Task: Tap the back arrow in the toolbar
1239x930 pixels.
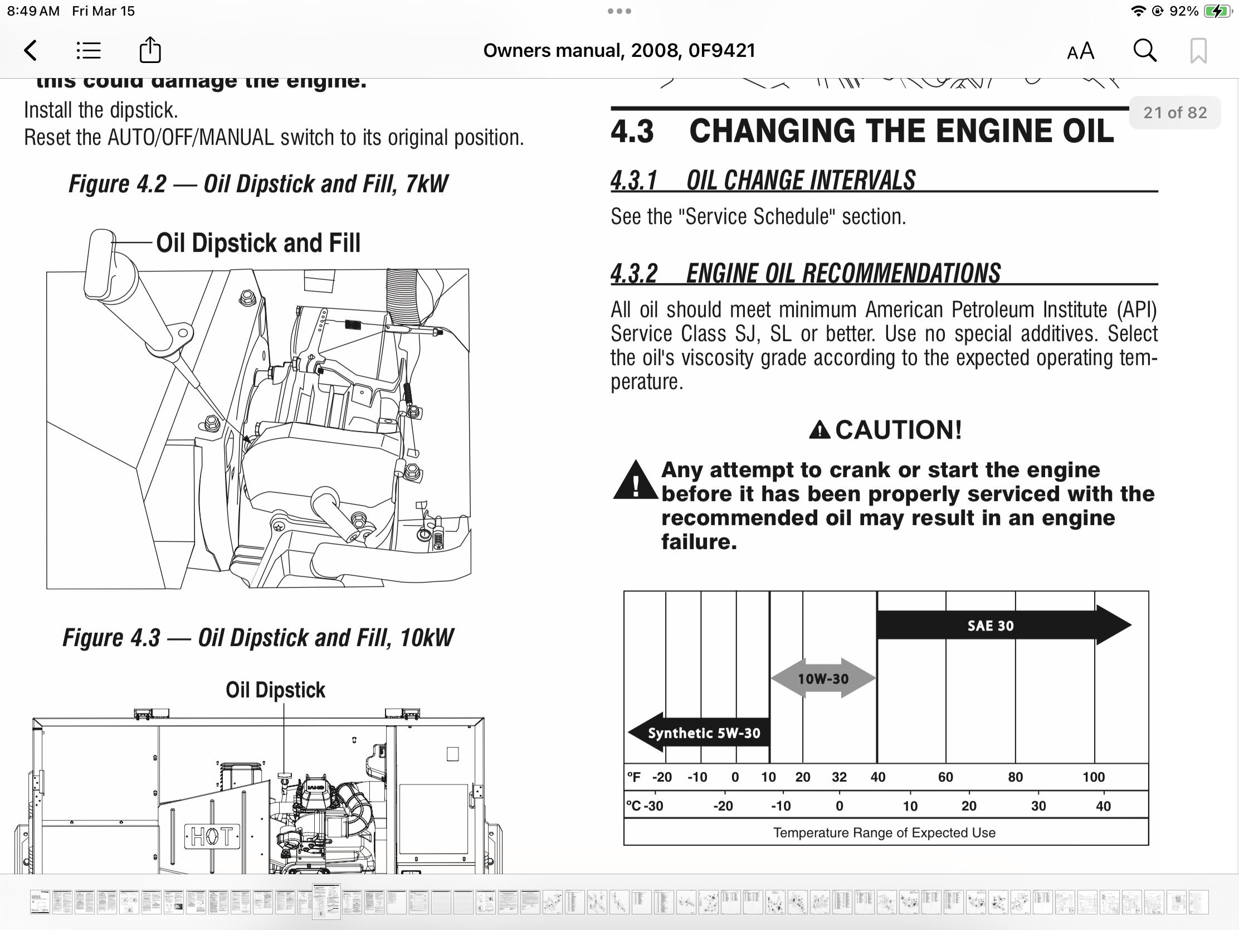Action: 31,50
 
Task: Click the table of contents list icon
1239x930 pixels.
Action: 89,50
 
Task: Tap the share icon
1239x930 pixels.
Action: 150,50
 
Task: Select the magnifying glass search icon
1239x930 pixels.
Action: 1144,50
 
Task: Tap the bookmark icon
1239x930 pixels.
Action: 1198,51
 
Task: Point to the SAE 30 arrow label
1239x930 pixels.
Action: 991,626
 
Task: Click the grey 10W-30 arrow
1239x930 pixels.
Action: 823,679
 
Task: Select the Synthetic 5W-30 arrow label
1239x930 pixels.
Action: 704,733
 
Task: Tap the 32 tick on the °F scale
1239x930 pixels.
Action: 839,778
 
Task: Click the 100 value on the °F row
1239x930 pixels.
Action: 1094,778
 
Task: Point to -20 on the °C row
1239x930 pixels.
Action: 723,806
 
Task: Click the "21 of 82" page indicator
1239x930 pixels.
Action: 1175,113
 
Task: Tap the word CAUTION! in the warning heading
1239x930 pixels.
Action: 899,430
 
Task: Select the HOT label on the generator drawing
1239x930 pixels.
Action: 212,836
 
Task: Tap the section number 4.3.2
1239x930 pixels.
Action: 634,274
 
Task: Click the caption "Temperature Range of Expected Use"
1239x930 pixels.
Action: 885,833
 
